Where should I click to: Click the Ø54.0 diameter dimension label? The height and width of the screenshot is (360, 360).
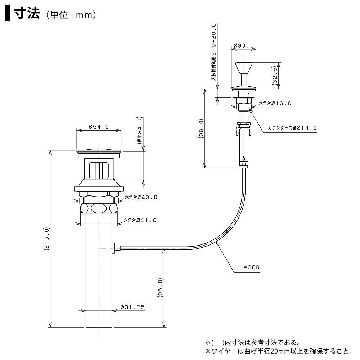(99, 126)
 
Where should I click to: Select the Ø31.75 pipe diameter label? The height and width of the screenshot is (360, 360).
(132, 307)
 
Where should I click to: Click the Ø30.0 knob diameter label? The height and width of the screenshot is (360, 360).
(244, 46)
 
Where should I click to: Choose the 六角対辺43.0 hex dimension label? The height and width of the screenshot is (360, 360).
(141, 197)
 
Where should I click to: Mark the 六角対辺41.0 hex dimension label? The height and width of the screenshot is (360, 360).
(140, 220)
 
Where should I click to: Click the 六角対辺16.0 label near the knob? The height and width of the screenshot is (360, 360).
(275, 103)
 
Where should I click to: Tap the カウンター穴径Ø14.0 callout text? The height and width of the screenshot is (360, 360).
(292, 128)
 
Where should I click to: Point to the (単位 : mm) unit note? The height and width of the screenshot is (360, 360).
(71, 15)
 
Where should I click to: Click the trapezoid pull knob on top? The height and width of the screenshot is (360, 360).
(244, 68)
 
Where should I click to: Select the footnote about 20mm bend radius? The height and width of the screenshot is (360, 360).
(277, 351)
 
